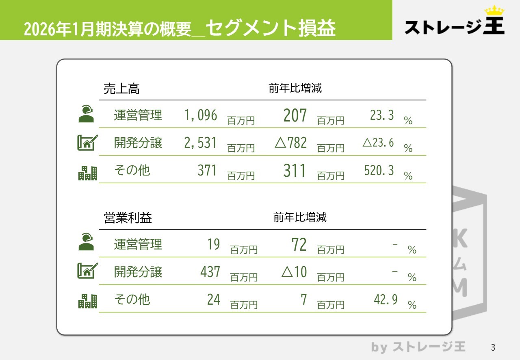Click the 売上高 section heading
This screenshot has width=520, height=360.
tap(121, 89)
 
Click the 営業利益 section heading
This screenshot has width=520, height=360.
tap(128, 218)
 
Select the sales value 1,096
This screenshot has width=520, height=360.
tap(201, 116)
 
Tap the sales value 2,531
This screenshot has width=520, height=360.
tap(201, 143)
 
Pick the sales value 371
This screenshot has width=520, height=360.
tap(207, 170)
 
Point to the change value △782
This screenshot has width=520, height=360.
tap(291, 143)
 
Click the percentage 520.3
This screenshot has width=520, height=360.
tap(379, 170)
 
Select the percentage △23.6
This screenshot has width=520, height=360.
tap(378, 143)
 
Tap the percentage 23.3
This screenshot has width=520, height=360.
tap(382, 115)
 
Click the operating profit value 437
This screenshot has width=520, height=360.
tap(210, 272)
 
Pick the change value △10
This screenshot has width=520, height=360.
tap(294, 272)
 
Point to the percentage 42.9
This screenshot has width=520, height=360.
tap(386, 300)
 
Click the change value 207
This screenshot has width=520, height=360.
tap(295, 115)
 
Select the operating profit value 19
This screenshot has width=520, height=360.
tap(214, 244)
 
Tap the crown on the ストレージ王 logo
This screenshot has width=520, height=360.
tap(494, 11)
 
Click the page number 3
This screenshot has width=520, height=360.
tap(493, 347)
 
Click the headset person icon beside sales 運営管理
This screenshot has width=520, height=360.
tap(86, 114)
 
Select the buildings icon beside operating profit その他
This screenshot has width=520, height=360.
tap(88, 301)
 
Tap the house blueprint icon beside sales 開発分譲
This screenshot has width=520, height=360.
tap(87, 143)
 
